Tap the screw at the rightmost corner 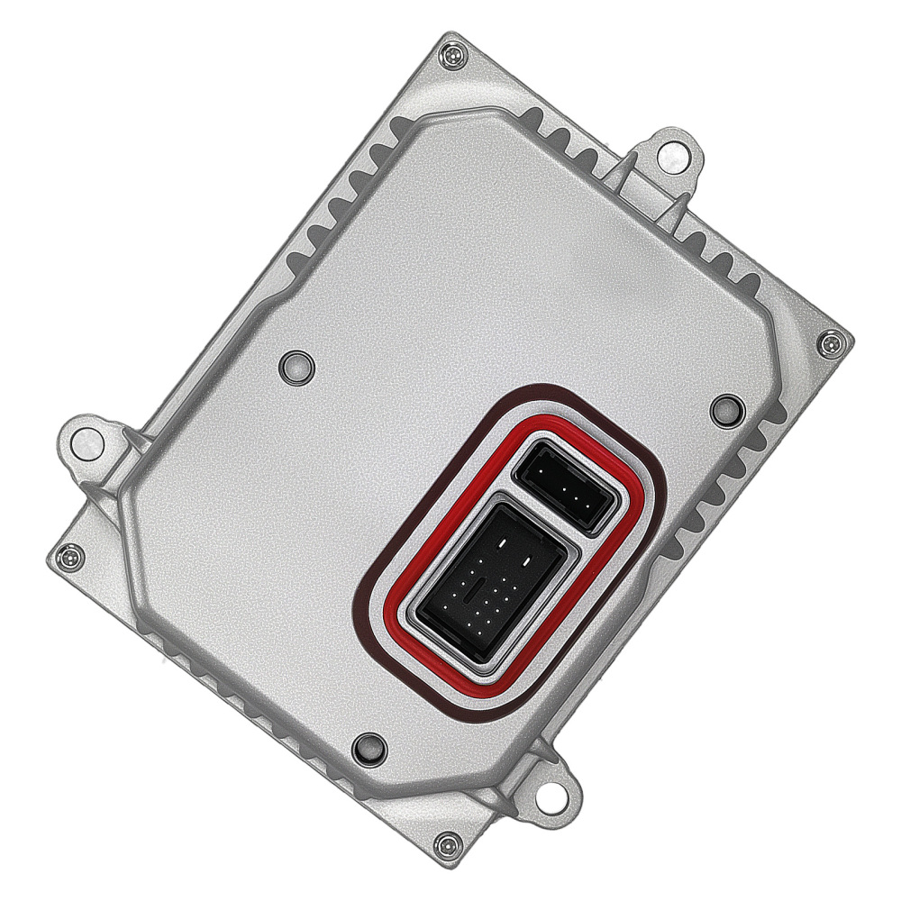click(830, 342)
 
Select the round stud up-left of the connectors click(295, 365)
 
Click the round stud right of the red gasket click(725, 410)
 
